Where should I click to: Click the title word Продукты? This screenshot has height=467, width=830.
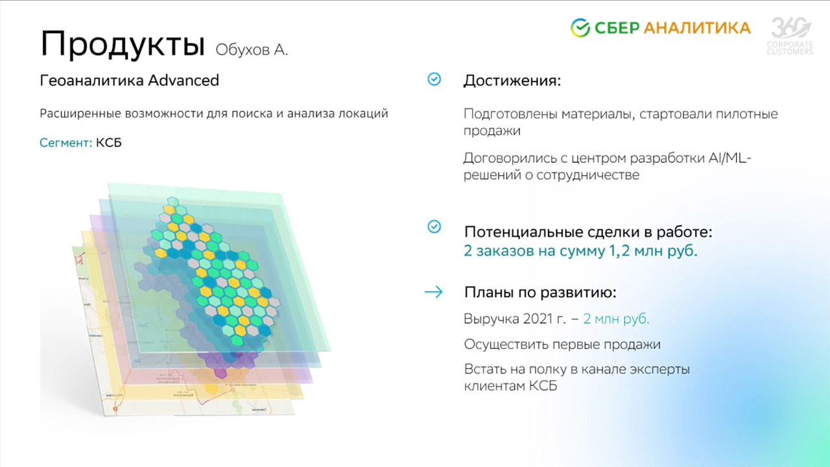[123, 45]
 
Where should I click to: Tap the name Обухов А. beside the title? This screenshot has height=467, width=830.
[252, 50]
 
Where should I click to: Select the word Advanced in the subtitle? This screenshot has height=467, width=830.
[184, 80]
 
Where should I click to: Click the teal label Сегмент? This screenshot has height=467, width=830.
[65, 143]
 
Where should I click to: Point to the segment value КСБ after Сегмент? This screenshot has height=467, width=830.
[108, 143]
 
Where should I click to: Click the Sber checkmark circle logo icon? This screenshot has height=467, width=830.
[580, 28]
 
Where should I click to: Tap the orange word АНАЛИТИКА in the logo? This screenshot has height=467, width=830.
[697, 28]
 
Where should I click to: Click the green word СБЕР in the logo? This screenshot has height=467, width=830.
[617, 28]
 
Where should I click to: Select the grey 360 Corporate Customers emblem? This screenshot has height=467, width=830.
[790, 36]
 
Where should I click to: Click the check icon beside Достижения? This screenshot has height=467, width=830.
[434, 79]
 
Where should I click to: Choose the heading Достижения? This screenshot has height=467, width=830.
[512, 81]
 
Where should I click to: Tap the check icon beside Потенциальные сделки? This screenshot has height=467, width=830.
[434, 226]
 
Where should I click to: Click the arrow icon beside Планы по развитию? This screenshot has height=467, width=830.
[434, 292]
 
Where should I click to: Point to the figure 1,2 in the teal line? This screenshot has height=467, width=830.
[619, 251]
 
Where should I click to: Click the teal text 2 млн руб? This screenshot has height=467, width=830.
[616, 318]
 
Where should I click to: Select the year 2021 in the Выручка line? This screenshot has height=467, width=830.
[538, 318]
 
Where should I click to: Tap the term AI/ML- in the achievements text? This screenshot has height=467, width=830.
[730, 158]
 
